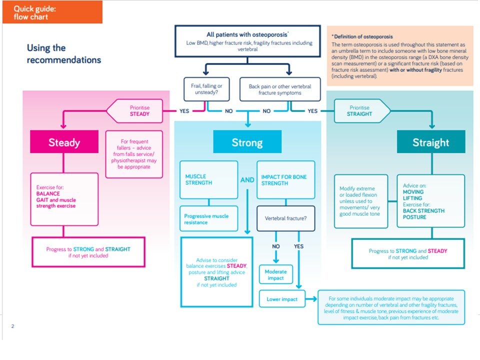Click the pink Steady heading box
(63, 142)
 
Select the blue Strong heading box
(247, 142)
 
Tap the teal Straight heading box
(430, 142)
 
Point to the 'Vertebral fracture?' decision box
(286, 218)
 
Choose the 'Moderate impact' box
(275, 274)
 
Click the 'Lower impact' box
(282, 299)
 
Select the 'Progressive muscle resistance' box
(209, 219)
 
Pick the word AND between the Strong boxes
(247, 179)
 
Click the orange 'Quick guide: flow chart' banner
(51, 12)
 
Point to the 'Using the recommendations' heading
(63, 54)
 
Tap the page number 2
(12, 326)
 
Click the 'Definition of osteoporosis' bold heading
(362, 36)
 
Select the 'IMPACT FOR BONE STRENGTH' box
(285, 180)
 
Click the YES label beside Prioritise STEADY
(184, 111)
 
